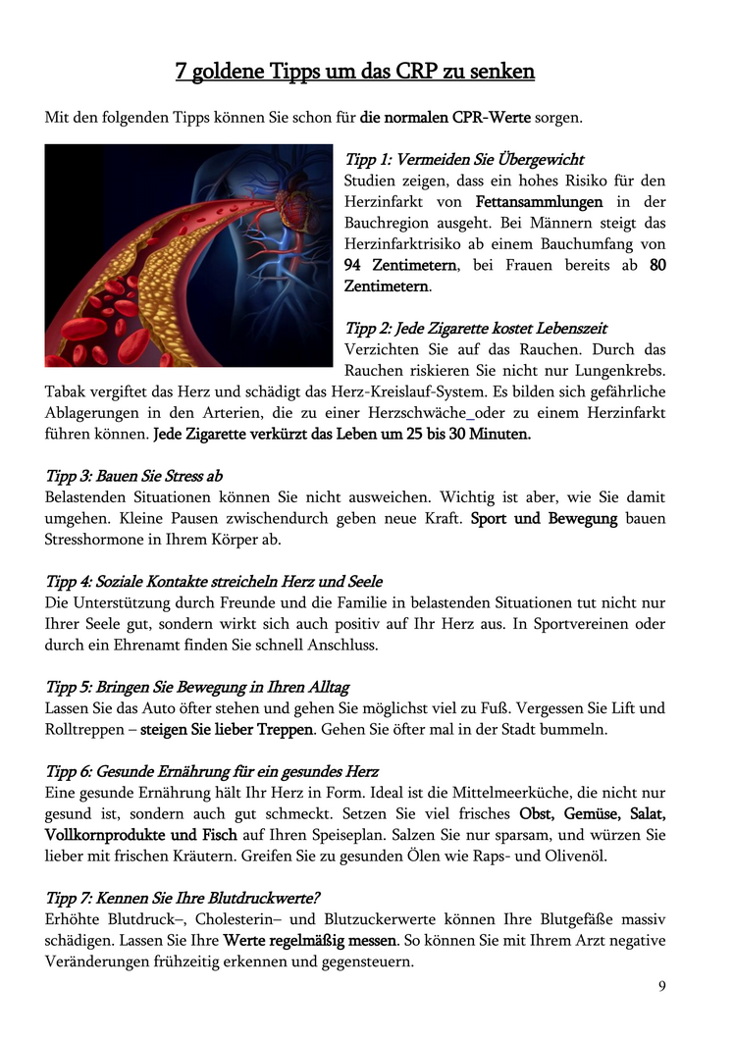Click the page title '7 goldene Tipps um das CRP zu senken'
point(355,72)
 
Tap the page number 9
point(662,986)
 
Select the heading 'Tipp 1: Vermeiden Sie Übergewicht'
point(464,159)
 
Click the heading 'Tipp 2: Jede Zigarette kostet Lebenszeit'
point(476,328)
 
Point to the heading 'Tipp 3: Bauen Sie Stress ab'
point(134,476)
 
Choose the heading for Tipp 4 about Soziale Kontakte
point(214,582)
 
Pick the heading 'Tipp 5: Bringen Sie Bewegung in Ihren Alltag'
point(197,687)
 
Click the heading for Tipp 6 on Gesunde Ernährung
point(212,771)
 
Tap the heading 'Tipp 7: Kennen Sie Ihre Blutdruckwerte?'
point(183,898)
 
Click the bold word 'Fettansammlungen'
point(539,202)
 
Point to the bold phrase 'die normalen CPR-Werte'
point(446,118)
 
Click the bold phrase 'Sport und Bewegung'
point(544,518)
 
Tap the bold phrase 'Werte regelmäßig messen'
point(309,941)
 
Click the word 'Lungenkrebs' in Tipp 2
point(621,370)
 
